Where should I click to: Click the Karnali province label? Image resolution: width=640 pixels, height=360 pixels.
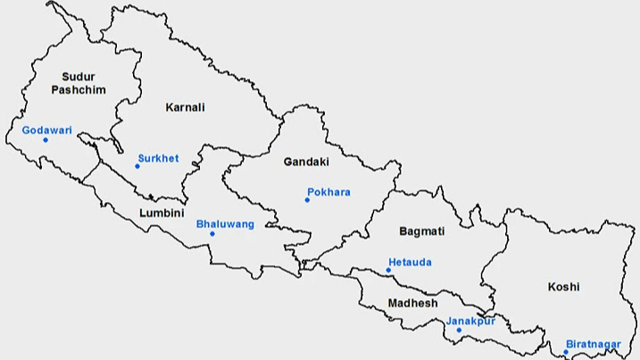(185, 107)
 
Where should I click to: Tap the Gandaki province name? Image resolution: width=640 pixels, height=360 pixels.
(306, 162)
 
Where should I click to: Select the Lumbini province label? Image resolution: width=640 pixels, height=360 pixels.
(162, 213)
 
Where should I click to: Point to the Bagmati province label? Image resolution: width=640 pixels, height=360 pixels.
(421, 231)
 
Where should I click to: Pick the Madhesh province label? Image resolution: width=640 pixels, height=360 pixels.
(412, 304)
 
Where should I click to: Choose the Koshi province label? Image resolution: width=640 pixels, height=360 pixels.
(564, 287)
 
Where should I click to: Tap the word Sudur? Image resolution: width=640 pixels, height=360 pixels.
(79, 77)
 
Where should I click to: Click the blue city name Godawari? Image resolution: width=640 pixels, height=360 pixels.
(46, 130)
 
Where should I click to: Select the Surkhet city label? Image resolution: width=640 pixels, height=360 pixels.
(158, 159)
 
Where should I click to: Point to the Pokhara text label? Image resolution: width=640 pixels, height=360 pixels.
(328, 192)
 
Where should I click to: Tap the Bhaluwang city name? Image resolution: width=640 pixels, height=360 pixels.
(225, 224)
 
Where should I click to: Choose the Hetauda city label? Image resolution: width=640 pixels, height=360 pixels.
(410, 263)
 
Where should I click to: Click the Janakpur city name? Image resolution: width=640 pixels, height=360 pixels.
(470, 321)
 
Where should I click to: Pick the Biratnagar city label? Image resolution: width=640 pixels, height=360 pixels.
(593, 343)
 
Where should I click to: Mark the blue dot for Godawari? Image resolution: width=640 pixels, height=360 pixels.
(46, 140)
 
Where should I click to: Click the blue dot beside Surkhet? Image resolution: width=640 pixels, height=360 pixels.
(137, 166)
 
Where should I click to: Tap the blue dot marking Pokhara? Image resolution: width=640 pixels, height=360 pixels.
(307, 200)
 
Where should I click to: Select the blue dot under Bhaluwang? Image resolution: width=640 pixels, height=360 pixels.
(212, 234)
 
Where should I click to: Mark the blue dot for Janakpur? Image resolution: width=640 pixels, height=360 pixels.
(459, 331)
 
